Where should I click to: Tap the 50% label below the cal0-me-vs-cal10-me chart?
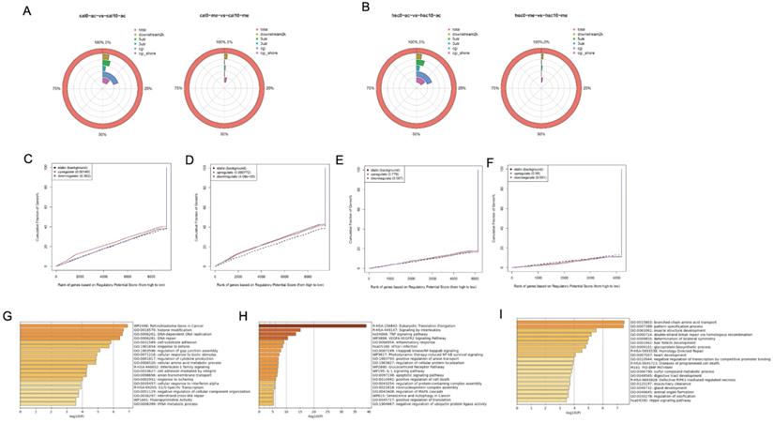point(224,135)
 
